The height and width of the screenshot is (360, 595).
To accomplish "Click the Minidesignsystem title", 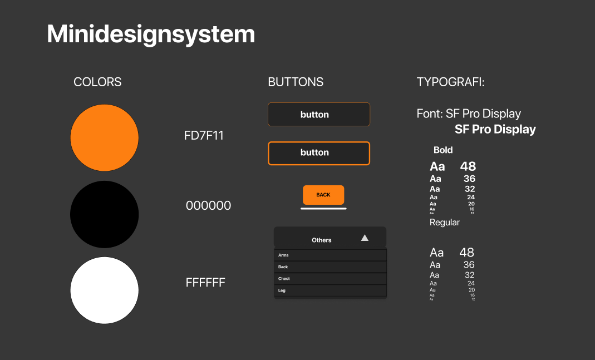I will click(x=151, y=34).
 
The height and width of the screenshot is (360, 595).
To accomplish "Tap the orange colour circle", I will click(x=104, y=137).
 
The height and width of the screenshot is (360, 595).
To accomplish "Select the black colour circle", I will click(x=104, y=214).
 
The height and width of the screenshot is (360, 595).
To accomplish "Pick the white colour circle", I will click(x=104, y=290).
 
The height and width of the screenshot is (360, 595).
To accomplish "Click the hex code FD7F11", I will click(x=204, y=136).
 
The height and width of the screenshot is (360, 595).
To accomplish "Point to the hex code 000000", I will click(x=208, y=206).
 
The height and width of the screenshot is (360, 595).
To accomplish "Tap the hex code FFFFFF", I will click(x=205, y=283).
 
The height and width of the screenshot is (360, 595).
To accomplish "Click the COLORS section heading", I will click(x=97, y=82).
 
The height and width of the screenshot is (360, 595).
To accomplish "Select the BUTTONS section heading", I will click(x=296, y=82).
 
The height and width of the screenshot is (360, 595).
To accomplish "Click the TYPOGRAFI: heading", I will click(x=451, y=82).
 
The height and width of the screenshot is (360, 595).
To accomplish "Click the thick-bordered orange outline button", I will click(x=319, y=153).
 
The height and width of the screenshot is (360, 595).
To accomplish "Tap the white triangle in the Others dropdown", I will click(x=365, y=238).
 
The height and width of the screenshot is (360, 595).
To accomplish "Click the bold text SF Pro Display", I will click(x=495, y=130).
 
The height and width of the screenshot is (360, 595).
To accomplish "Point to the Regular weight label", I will click(x=445, y=223).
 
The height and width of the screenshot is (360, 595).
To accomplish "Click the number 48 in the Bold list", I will click(x=468, y=166).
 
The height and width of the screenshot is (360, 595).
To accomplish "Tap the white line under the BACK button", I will click(x=323, y=209).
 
